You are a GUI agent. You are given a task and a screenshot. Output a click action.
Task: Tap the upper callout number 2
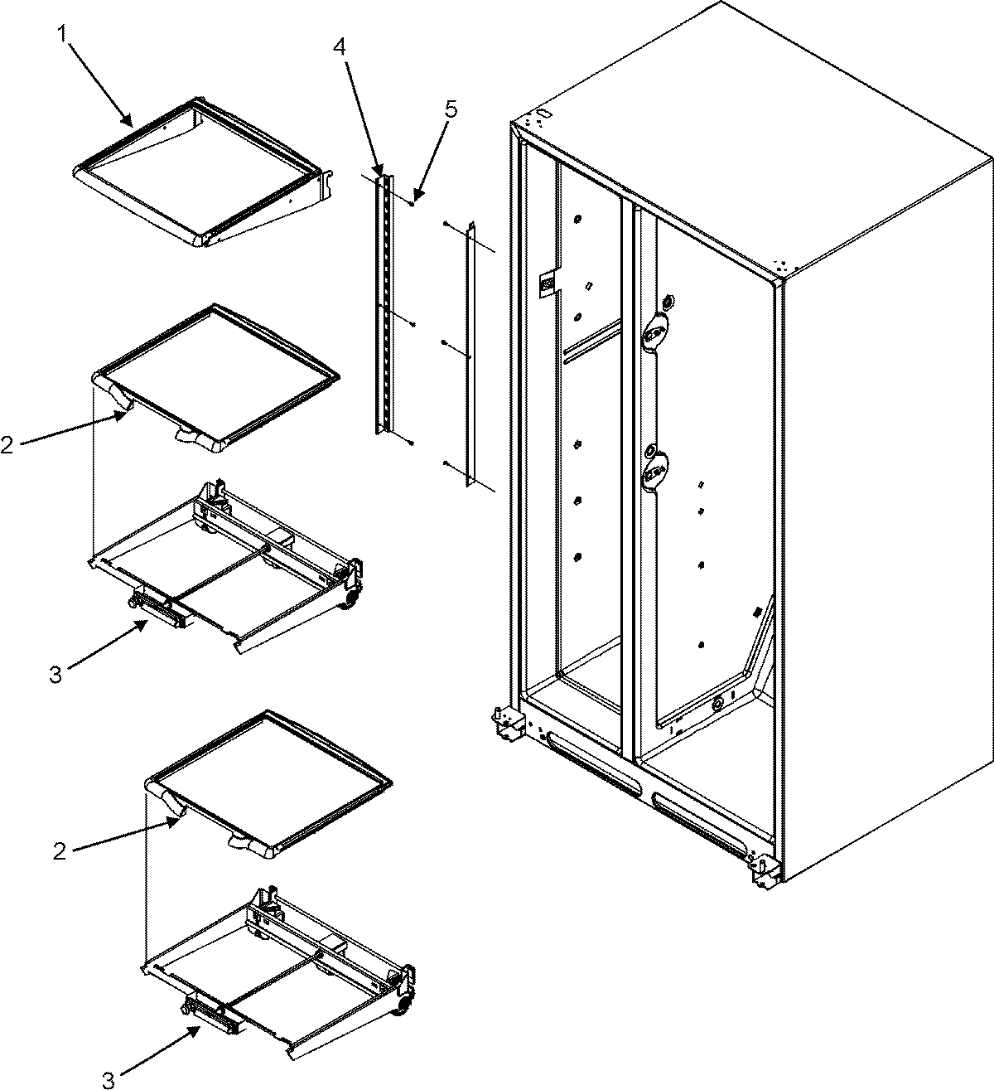click(x=7, y=445)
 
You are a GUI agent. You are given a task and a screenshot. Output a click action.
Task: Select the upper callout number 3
click(x=55, y=674)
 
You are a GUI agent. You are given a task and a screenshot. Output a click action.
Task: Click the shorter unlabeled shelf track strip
click(x=470, y=352)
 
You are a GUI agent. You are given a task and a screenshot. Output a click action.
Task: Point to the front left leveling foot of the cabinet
click(x=505, y=724)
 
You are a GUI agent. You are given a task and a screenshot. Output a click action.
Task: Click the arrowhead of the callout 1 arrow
click(x=129, y=123)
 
